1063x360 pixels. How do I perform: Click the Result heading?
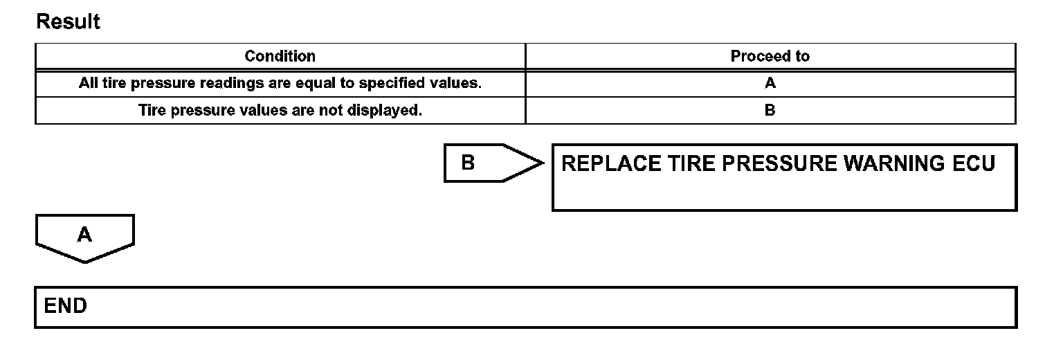tap(68, 22)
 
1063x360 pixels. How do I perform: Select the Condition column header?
tap(280, 56)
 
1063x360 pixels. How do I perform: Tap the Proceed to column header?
tap(770, 56)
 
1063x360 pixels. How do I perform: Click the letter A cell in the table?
tap(770, 84)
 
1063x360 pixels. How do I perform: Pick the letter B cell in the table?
tap(770, 110)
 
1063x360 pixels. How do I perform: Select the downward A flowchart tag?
tap(84, 237)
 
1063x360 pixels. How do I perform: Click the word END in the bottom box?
tap(66, 306)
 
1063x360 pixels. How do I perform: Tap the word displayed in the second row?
tap(386, 110)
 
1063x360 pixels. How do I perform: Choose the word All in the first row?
tap(89, 84)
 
